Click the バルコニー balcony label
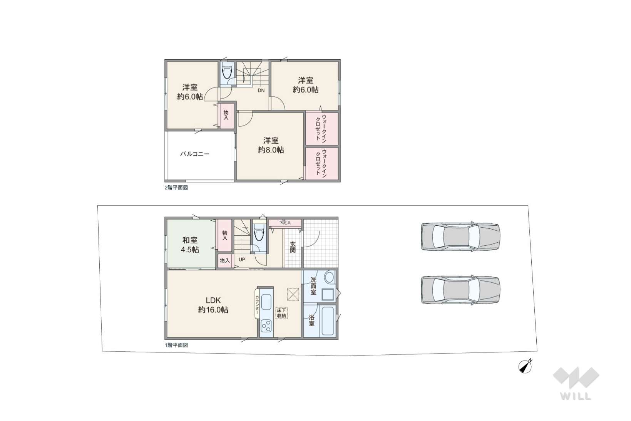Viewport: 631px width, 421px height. pyautogui.click(x=195, y=154)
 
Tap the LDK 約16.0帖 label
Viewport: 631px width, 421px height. pyautogui.click(x=213, y=305)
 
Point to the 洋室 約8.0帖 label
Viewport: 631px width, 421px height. pyautogui.click(x=271, y=145)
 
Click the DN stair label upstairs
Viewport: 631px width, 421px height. pyautogui.click(x=261, y=91)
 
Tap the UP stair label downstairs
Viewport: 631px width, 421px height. pyautogui.click(x=242, y=259)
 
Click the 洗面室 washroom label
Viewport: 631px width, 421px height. pyautogui.click(x=313, y=286)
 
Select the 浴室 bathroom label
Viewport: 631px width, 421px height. pyautogui.click(x=311, y=320)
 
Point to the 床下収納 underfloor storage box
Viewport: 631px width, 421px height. pyautogui.click(x=281, y=313)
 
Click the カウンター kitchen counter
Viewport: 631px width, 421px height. pyautogui.click(x=257, y=304)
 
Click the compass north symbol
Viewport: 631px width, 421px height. pyautogui.click(x=525, y=367)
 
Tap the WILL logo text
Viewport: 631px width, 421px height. pyautogui.click(x=576, y=396)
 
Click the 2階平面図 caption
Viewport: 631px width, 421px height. pyautogui.click(x=176, y=188)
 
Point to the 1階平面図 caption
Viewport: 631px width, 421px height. pyautogui.click(x=176, y=345)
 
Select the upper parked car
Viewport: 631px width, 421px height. pyautogui.click(x=460, y=237)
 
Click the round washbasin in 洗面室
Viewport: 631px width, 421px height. pyautogui.click(x=329, y=278)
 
